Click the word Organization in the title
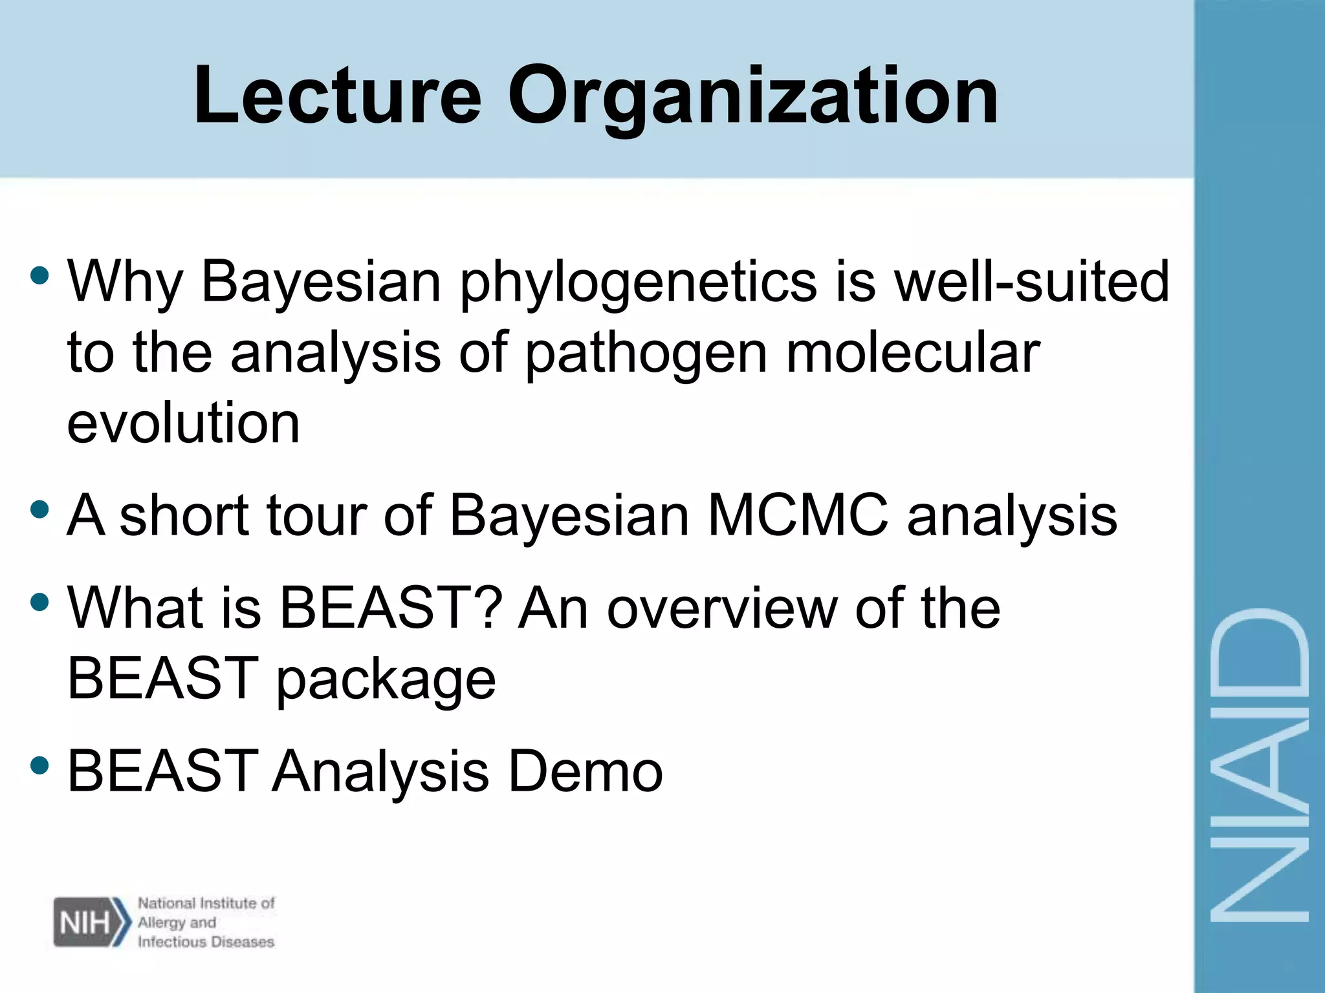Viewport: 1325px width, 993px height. pyautogui.click(x=753, y=97)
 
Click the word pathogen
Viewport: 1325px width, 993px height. pyautogui.click(x=646, y=354)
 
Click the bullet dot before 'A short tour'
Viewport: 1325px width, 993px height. pyautogui.click(x=39, y=509)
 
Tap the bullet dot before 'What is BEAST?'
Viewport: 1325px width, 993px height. pyautogui.click(x=39, y=603)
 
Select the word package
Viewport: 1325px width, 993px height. pyautogui.click(x=386, y=680)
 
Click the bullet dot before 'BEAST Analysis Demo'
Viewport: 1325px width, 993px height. pyautogui.click(x=39, y=765)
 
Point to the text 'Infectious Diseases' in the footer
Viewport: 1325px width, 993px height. pyautogui.click(x=206, y=942)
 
